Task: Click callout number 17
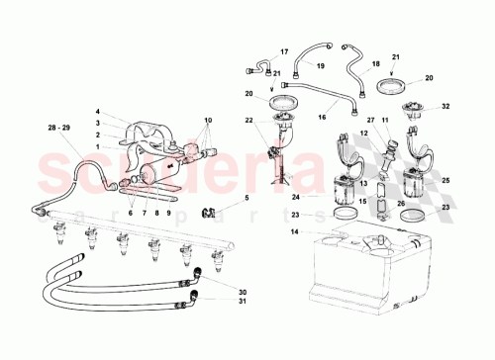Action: click(x=283, y=51)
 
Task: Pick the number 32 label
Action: click(x=445, y=106)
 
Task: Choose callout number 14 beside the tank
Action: click(x=294, y=232)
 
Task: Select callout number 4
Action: click(x=99, y=112)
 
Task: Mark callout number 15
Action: click(x=362, y=205)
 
